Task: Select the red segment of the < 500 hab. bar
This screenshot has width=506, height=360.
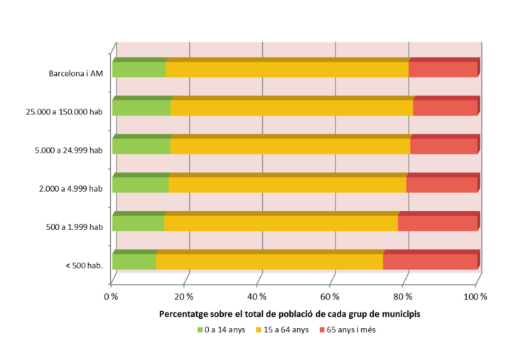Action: pyautogui.click(x=431, y=261)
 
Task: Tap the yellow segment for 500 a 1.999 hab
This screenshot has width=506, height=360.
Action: pyautogui.click(x=281, y=223)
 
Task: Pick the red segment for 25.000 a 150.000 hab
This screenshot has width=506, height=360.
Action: pyautogui.click(x=446, y=107)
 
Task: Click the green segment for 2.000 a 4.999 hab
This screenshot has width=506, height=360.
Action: pyautogui.click(x=141, y=185)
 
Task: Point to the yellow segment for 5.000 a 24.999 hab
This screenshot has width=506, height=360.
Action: pyautogui.click(x=290, y=146)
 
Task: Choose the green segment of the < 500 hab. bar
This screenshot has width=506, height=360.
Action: pyautogui.click(x=134, y=261)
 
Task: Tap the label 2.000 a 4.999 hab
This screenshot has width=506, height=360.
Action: pyautogui.click(x=73, y=188)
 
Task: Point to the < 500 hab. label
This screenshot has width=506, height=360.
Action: pyautogui.click(x=84, y=266)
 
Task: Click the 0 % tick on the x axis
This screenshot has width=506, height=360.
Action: pyautogui.click(x=112, y=295)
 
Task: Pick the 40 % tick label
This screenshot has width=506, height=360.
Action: pyautogui.click(x=257, y=295)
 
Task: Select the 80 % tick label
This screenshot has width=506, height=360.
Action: pyautogui.click(x=402, y=295)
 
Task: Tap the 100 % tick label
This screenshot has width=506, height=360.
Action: pyautogui.click(x=475, y=295)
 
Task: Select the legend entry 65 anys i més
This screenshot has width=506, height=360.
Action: pyautogui.click(x=351, y=329)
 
